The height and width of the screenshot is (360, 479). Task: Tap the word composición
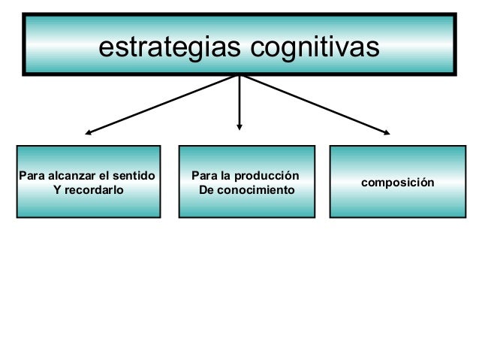click(x=397, y=183)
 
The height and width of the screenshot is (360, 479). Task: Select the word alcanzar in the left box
click(x=73, y=177)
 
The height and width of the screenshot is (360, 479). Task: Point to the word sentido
click(x=136, y=177)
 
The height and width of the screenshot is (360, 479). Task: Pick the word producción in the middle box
click(x=268, y=177)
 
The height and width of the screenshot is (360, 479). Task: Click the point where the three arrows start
click(x=239, y=75)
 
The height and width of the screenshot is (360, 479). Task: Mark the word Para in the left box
click(x=31, y=177)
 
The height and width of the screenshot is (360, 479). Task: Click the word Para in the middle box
click(x=205, y=177)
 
